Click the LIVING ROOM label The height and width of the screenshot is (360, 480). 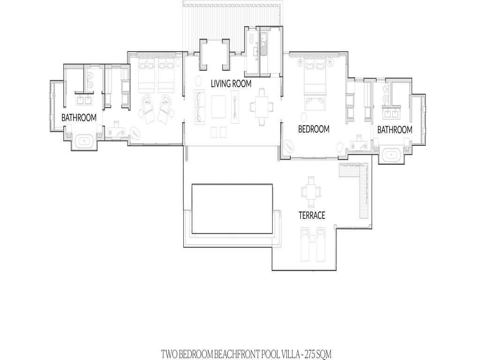coord(231,83)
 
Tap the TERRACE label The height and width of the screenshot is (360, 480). coord(312,216)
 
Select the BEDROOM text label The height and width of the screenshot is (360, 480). coord(314,129)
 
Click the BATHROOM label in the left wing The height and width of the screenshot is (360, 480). coord(79,118)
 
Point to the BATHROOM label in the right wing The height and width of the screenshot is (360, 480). coord(395,130)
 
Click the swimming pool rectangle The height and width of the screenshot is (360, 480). coord(232,209)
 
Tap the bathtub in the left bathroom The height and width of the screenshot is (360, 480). coord(84,141)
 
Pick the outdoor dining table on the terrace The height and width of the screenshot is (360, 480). coord(311,192)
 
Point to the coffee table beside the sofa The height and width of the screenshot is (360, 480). coord(218,106)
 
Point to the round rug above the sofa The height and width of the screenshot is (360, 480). coord(198,82)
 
